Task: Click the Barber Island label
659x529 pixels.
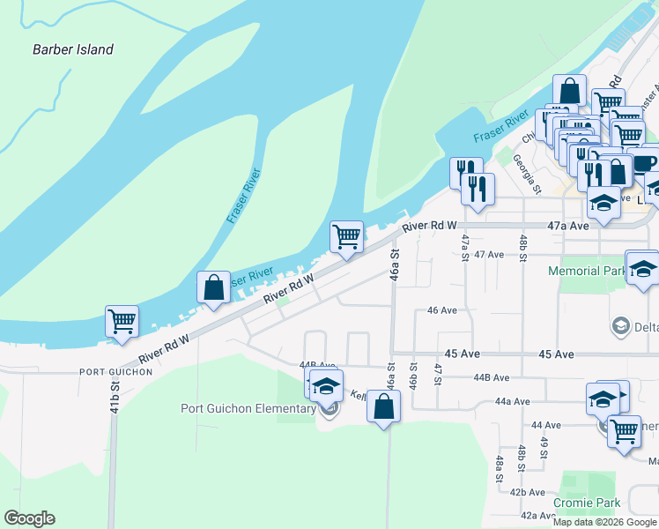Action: (x=73, y=49)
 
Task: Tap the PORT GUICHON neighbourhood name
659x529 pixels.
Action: (x=115, y=372)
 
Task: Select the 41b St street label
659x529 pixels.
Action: (x=115, y=398)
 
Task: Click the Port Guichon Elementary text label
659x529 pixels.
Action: (x=248, y=408)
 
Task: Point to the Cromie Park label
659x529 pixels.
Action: (x=587, y=503)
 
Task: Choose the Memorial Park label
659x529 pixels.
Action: (x=585, y=272)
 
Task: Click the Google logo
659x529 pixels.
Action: (x=29, y=518)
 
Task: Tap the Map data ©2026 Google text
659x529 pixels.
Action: (x=604, y=522)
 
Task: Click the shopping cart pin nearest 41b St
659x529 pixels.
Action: (x=122, y=322)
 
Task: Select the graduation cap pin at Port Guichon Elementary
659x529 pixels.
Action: (x=326, y=387)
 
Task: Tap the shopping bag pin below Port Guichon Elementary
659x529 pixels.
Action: (x=383, y=407)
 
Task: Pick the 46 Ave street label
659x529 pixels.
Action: (x=442, y=310)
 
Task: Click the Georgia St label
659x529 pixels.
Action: (x=527, y=174)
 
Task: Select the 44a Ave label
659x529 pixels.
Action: (x=512, y=401)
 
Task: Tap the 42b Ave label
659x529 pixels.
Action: (x=529, y=492)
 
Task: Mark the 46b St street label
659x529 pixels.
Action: (x=412, y=373)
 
